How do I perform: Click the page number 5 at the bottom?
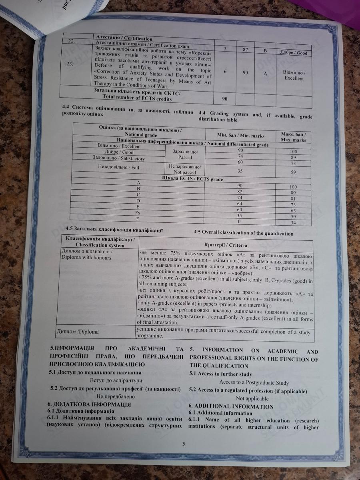click(183, 444)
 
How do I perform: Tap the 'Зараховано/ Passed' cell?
click(182, 154)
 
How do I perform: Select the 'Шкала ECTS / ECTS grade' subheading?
click(192, 179)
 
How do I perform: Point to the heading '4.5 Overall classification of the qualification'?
click(243, 233)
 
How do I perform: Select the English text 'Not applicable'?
click(252, 398)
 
